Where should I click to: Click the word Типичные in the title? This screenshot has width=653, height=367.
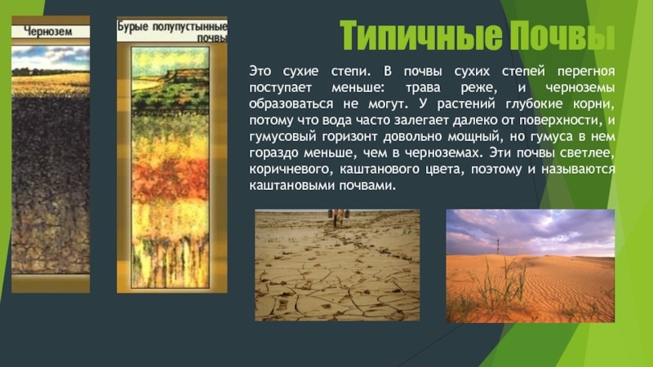tap(421, 36)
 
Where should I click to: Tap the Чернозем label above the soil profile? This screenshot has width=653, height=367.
tap(47, 31)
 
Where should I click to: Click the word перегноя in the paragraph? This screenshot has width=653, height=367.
tap(586, 72)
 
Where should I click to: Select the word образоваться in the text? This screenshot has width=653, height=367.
tap(291, 104)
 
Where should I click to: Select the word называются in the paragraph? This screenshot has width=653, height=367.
tap(579, 170)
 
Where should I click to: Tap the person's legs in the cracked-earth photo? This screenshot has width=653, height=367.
tap(339, 217)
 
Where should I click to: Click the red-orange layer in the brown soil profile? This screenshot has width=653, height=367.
tap(171, 179)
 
